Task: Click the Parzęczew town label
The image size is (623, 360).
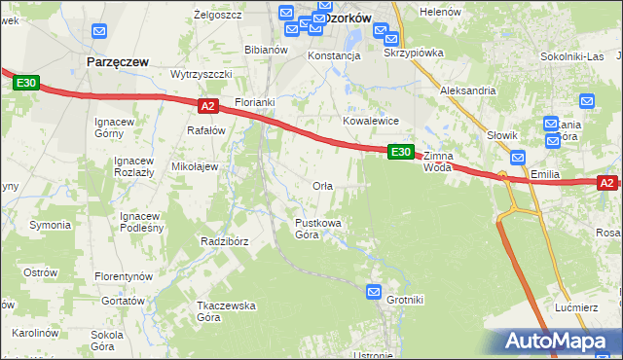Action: (x=118, y=61)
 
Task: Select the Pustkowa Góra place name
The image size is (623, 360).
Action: (x=318, y=229)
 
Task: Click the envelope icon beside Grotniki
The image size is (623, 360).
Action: (x=375, y=291)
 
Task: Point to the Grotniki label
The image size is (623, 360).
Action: (x=405, y=300)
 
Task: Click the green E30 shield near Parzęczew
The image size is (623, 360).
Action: (x=26, y=84)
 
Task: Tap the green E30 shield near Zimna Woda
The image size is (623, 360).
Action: (x=401, y=152)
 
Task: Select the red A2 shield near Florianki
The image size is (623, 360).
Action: (x=206, y=105)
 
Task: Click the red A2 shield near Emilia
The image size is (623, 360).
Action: (x=606, y=183)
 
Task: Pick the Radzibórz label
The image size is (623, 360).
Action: (x=225, y=241)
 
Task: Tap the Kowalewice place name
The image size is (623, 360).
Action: (x=371, y=121)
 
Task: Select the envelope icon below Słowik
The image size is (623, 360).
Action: (x=518, y=157)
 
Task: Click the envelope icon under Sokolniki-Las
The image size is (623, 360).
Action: (x=586, y=100)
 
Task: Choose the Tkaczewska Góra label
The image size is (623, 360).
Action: (x=225, y=311)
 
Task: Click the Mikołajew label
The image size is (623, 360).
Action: (x=195, y=166)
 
